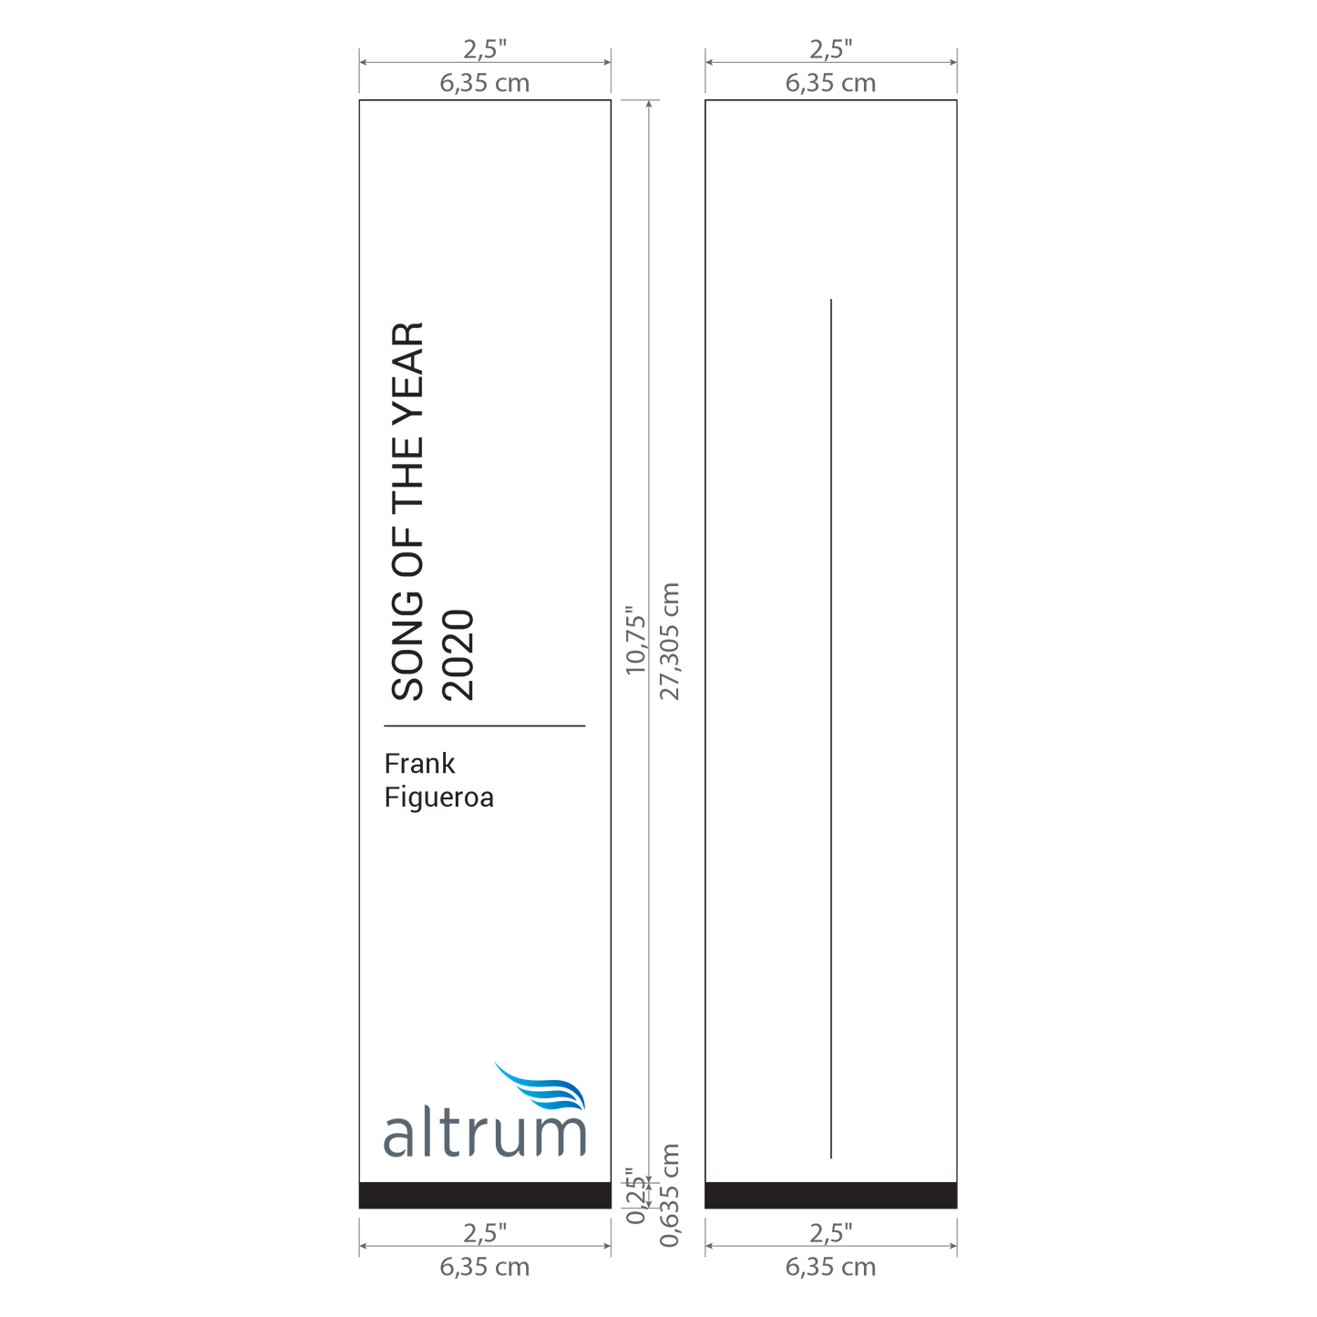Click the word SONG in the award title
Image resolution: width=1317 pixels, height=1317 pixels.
407,644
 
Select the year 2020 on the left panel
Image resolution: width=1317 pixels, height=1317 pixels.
458,655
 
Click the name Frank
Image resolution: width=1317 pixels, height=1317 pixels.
419,764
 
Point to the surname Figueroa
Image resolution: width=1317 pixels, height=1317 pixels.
438,797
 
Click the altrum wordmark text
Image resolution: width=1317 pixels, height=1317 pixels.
485,1136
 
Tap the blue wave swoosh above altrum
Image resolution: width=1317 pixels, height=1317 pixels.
540,1086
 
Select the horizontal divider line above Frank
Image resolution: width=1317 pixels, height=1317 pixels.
485,725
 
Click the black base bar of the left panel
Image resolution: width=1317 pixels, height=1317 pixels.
485,1196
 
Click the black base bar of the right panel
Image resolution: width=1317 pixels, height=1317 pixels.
831,1196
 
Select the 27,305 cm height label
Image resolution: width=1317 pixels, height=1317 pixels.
669,641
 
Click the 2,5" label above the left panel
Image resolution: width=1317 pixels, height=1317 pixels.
485,49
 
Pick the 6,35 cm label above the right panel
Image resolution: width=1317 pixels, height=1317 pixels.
830,83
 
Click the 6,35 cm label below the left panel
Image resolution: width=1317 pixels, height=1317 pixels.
485,1267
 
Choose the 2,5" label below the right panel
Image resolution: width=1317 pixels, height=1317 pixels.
831,1233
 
